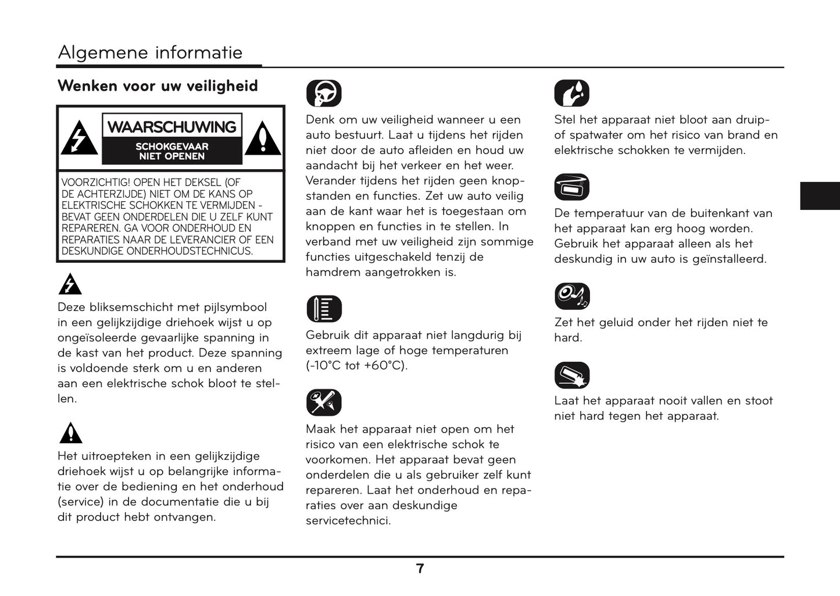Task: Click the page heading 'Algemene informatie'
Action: coord(150,52)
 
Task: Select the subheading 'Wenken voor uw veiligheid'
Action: coord(158,86)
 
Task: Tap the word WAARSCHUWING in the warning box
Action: coord(172,127)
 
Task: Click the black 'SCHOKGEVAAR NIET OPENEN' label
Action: coord(172,151)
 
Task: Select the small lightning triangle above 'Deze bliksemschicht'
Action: coord(70,285)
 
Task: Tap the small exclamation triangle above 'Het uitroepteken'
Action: coord(70,433)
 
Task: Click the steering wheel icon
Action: coord(324,93)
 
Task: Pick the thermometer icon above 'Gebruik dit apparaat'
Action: coord(324,309)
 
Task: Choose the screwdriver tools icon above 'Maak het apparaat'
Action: coord(324,402)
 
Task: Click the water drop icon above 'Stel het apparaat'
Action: coord(571,93)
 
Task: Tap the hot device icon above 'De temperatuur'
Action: coord(571,187)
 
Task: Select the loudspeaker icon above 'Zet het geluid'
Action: coord(571,297)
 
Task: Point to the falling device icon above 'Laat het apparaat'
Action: coord(571,375)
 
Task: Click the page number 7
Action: coord(420,569)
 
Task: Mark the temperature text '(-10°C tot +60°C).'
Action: coord(356,366)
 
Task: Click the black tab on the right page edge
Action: coord(820,195)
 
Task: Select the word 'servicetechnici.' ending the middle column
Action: coord(348,520)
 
